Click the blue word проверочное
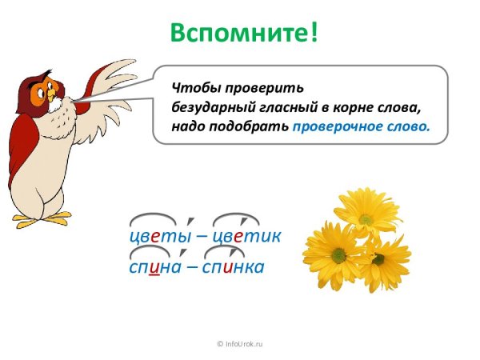tap(337, 126)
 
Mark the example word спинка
tap(234, 266)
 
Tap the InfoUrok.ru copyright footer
tap(240, 343)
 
